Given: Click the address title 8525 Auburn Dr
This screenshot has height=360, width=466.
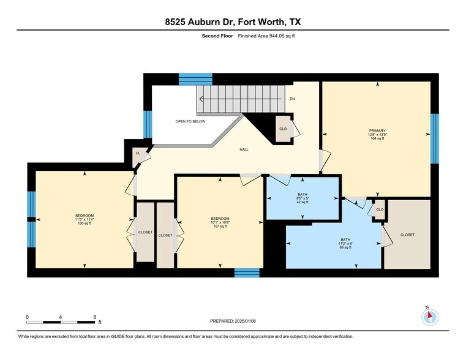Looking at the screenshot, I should tap(232, 22).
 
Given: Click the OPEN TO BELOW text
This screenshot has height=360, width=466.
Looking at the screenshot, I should tap(190, 121).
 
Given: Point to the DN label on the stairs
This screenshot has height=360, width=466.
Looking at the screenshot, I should tap(292, 99).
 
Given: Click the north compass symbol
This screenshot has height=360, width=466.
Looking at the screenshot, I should tap(430, 316).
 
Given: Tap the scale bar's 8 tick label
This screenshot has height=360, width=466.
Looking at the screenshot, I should tap(94, 317).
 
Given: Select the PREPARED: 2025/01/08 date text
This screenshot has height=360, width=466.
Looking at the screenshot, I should tap(233, 321).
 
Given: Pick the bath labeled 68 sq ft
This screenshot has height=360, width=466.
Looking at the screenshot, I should tap(346, 243).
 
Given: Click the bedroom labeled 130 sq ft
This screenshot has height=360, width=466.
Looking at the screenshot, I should tap(85, 219).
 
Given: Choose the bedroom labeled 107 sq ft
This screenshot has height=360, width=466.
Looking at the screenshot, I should tap(220, 222).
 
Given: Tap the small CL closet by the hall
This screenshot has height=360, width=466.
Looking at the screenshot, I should tap(138, 153).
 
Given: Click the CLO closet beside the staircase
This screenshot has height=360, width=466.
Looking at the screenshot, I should tap(283, 129).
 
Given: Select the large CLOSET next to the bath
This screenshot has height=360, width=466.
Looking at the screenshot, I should tap(407, 234).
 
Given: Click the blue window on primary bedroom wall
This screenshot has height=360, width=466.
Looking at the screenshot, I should tap(434, 138).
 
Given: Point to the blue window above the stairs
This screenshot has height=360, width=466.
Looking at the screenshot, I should tap(195, 79).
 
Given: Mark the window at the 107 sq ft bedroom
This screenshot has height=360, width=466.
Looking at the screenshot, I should tap(247, 272).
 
